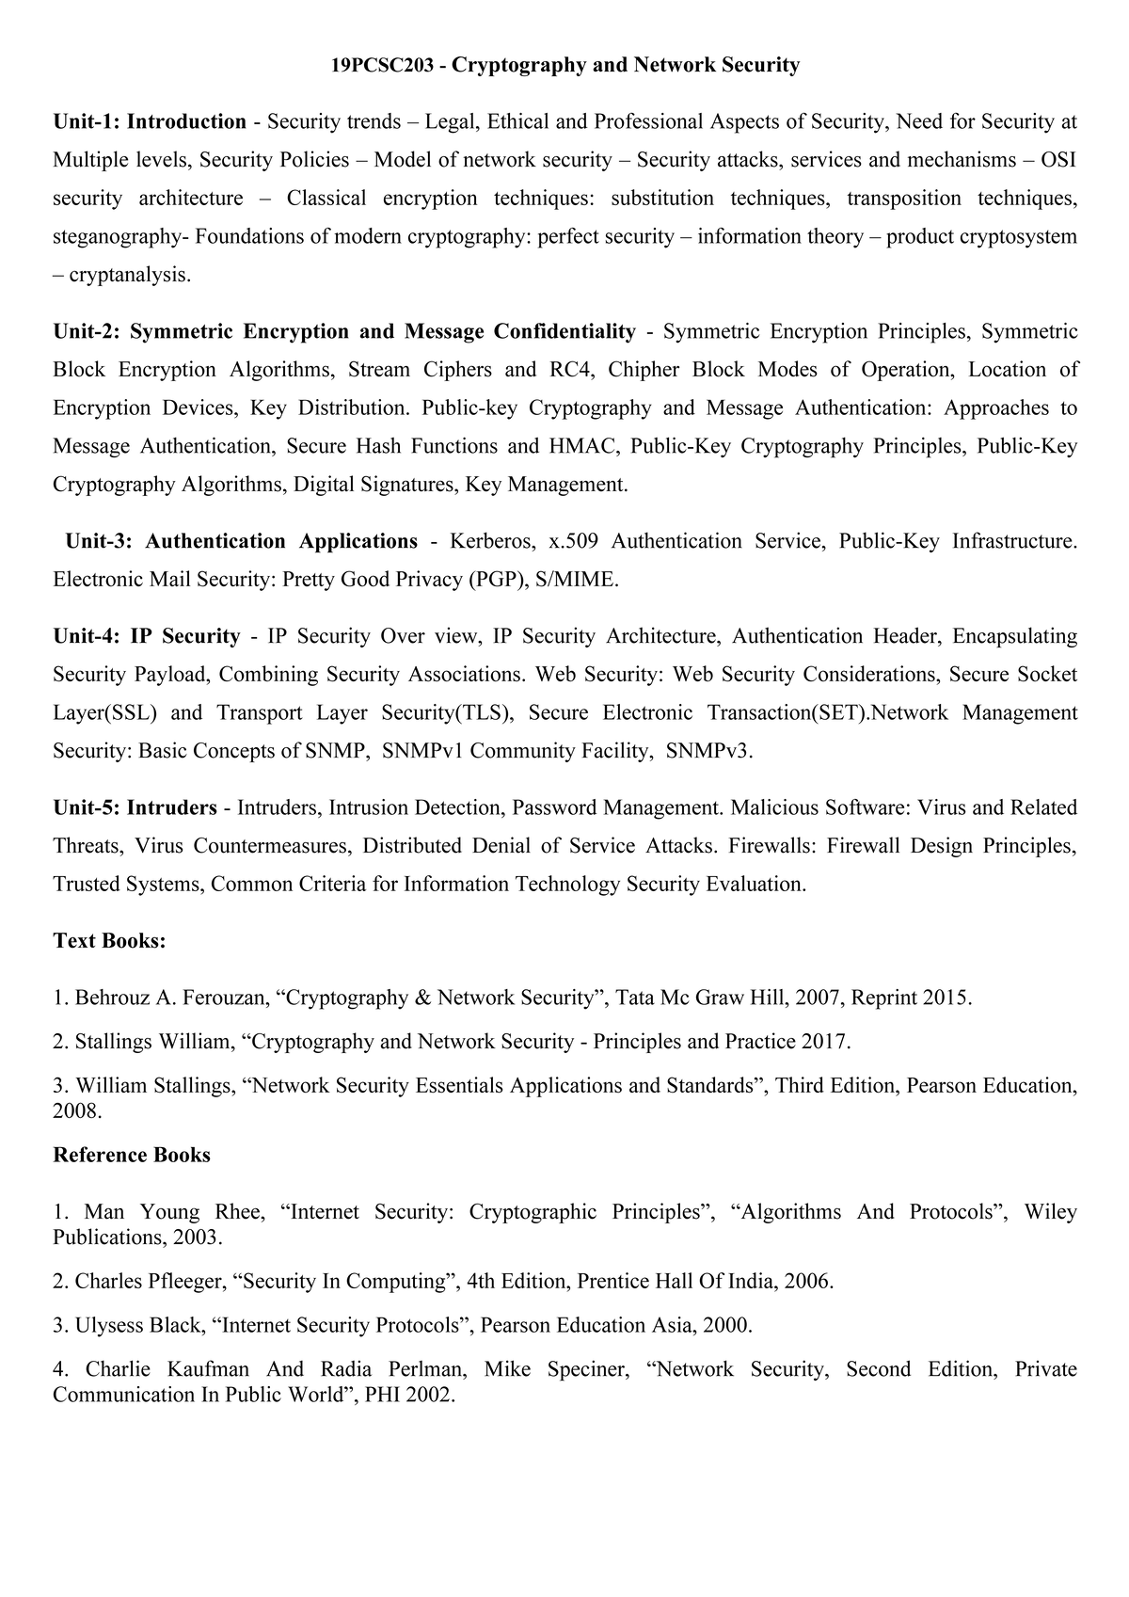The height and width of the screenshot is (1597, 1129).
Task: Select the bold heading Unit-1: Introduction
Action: click(150, 121)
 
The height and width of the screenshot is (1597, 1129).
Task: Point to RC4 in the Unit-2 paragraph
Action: click(572, 369)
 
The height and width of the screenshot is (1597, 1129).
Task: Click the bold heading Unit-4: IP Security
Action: click(147, 636)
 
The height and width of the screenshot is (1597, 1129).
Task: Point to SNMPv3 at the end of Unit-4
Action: click(709, 751)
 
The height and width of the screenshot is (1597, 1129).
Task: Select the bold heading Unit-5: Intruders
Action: click(135, 807)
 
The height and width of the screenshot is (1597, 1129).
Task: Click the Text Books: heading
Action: click(109, 941)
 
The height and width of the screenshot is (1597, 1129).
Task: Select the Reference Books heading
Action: click(132, 1155)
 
